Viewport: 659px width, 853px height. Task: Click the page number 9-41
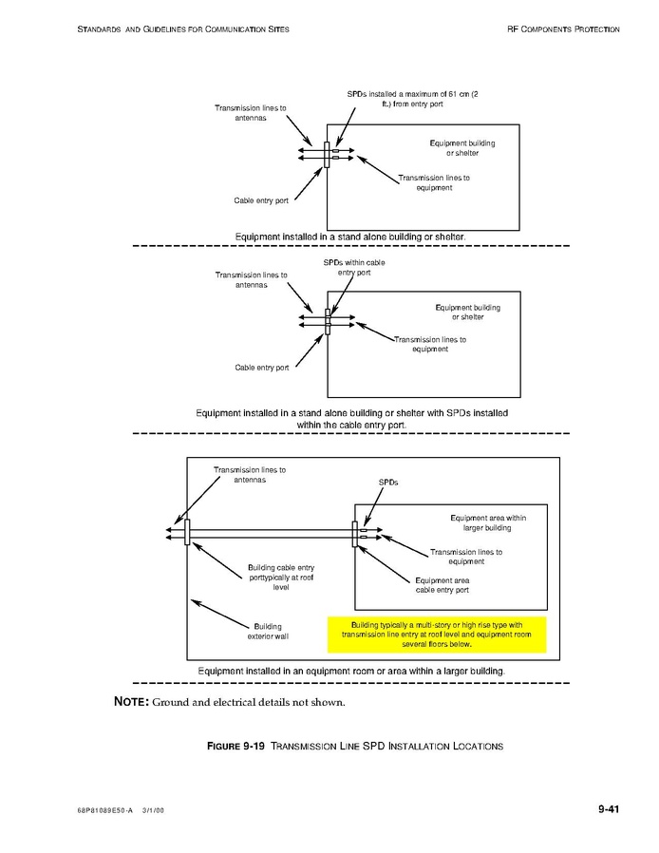tap(609, 809)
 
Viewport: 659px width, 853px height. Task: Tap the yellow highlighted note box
tap(436, 635)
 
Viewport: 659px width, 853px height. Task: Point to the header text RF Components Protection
tap(563, 29)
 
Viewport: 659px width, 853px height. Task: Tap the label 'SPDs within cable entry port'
tap(353, 267)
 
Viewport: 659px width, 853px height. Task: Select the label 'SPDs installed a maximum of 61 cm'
tap(411, 98)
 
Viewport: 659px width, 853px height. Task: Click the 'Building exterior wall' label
tap(267, 632)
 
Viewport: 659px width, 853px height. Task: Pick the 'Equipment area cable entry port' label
tap(442, 585)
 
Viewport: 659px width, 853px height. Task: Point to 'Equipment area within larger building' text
tap(487, 522)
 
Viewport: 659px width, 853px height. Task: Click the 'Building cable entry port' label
tap(280, 578)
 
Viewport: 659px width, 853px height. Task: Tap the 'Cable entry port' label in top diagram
tap(261, 200)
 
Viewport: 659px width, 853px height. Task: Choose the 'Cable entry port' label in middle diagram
tap(262, 368)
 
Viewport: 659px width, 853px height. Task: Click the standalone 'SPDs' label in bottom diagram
tap(388, 483)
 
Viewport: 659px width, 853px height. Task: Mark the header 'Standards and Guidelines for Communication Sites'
tap(182, 29)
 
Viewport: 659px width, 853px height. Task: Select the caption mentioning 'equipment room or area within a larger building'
tap(350, 671)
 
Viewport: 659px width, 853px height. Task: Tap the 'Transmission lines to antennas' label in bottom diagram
tap(250, 474)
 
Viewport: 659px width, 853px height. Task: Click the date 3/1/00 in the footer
tap(154, 810)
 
